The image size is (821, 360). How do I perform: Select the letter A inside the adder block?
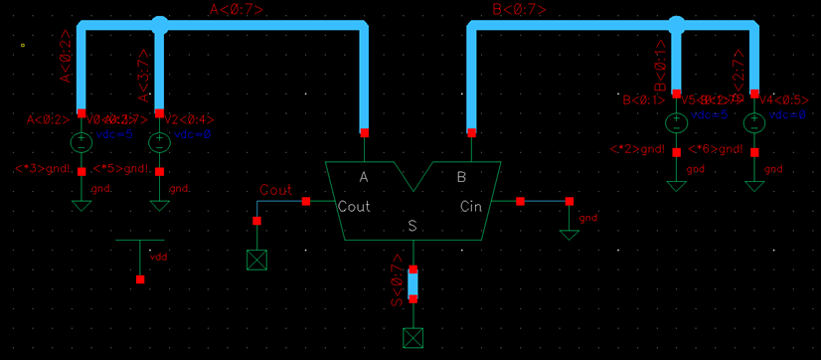364,177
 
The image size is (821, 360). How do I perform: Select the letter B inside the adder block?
461,177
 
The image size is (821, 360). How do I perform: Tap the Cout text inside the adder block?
355,207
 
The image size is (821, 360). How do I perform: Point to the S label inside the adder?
412,226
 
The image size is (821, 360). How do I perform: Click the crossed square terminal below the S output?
412,338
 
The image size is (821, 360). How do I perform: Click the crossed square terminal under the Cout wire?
257,260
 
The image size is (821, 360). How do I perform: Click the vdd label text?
158,257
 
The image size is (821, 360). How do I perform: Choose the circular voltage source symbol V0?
82,142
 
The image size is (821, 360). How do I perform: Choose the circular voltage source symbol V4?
754,124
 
